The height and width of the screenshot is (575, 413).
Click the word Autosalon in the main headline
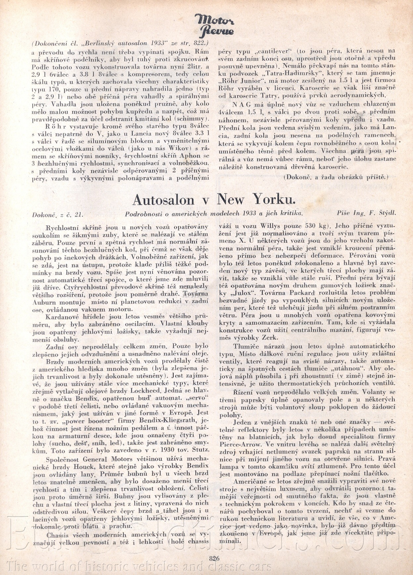[163, 200]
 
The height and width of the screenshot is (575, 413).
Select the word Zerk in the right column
[271, 338]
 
